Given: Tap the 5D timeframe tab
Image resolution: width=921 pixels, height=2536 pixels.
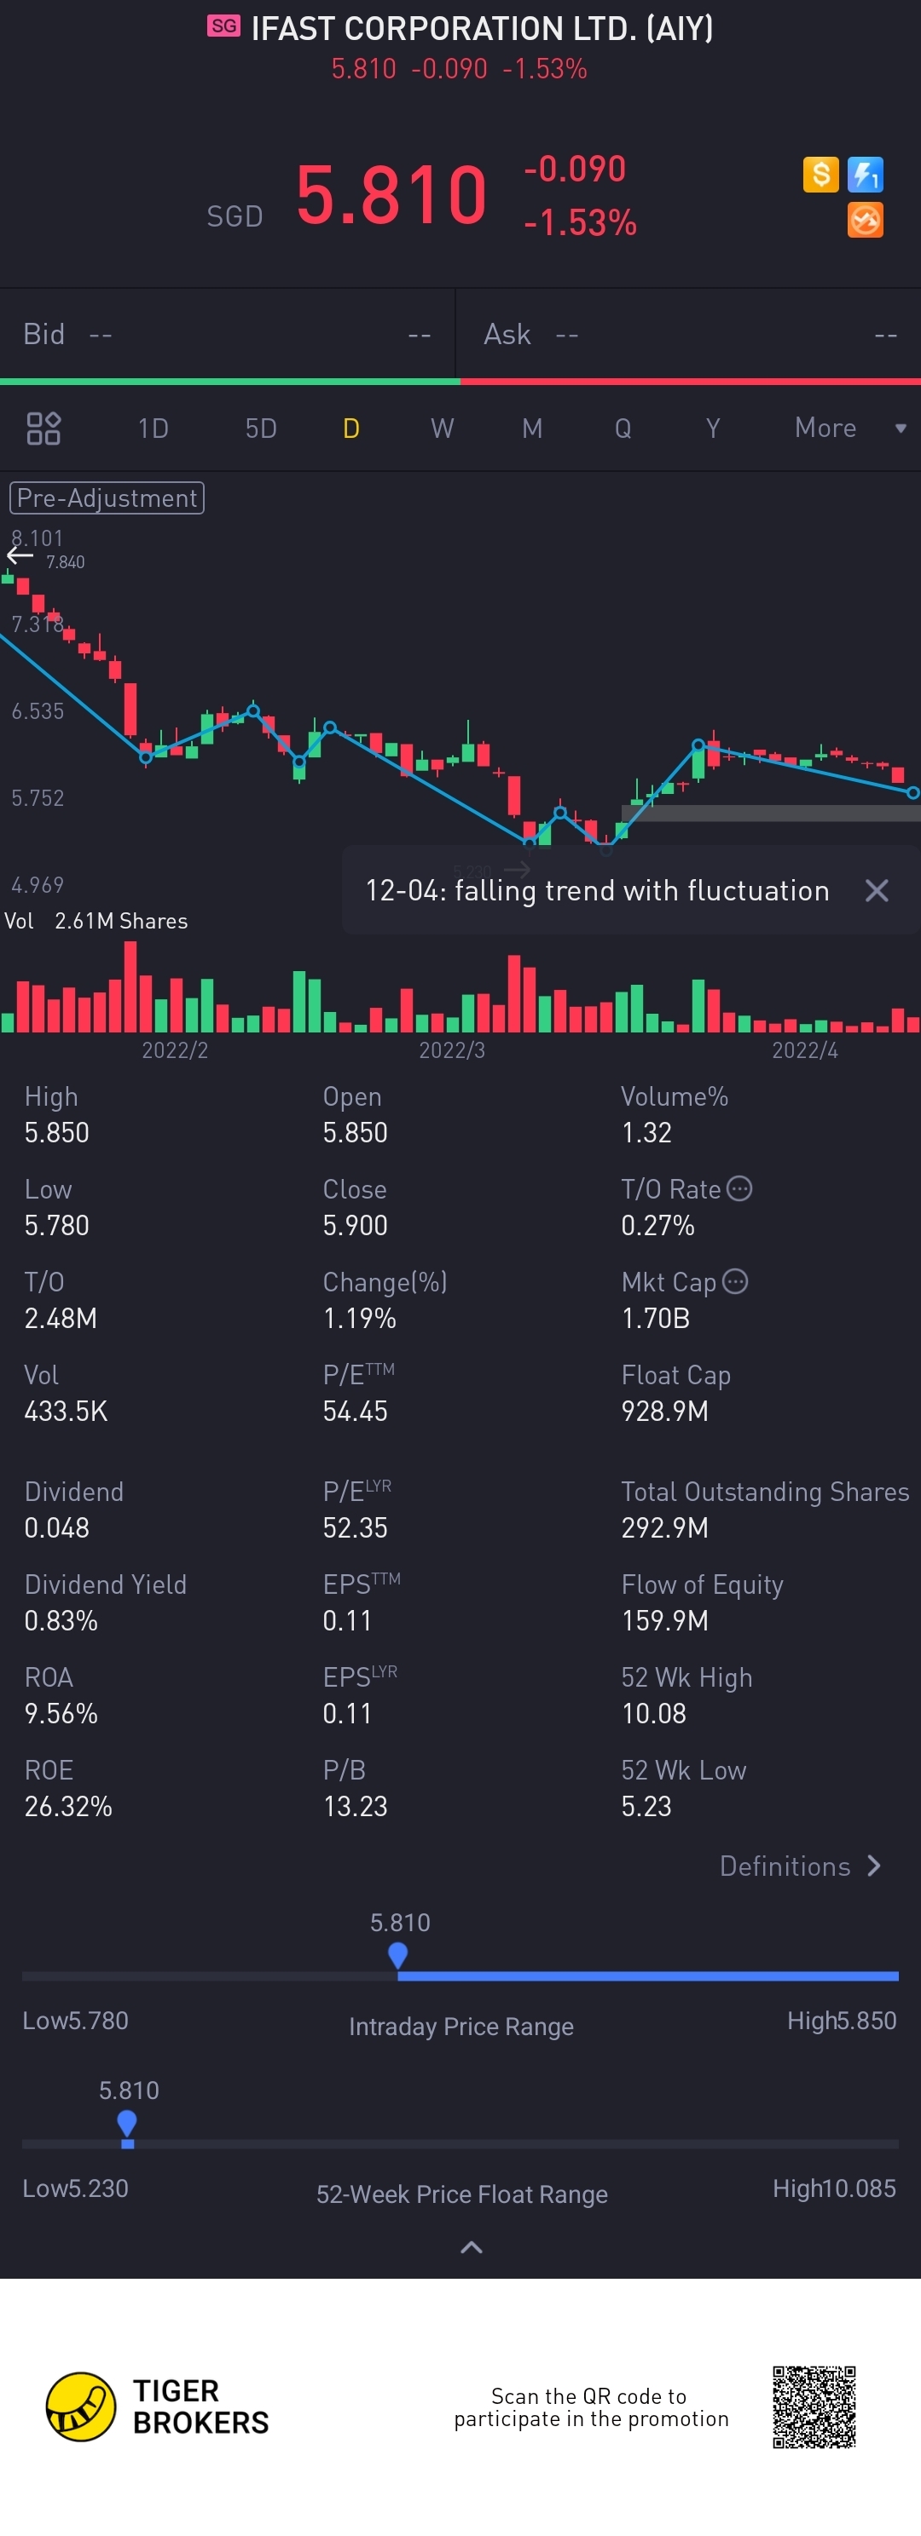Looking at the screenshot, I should click(261, 428).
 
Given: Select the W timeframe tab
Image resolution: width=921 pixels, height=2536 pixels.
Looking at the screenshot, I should click(443, 428).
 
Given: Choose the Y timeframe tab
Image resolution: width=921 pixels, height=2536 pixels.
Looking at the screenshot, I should click(713, 428).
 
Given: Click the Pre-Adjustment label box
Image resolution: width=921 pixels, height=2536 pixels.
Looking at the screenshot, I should click(107, 498).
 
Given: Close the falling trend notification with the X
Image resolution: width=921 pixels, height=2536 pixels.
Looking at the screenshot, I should click(877, 891).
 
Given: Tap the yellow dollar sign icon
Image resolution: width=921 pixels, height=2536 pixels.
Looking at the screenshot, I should click(820, 175).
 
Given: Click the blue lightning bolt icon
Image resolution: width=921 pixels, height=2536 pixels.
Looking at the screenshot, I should click(865, 175).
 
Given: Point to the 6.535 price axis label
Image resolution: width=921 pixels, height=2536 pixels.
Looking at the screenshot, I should click(38, 710).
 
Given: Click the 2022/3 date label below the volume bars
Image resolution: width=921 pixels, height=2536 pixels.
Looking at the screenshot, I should click(452, 1050).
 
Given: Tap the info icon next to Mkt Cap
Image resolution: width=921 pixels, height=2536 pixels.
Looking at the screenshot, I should click(735, 1281).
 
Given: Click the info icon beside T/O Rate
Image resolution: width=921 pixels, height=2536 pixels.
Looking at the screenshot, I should click(739, 1188).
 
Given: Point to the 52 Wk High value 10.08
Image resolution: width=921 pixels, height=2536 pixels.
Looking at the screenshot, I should click(654, 1714).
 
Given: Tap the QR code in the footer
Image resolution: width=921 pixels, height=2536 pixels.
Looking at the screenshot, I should click(814, 2407).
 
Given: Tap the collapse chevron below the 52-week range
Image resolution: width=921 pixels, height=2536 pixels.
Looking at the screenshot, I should click(472, 2246).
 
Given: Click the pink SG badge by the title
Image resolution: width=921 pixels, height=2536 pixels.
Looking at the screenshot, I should click(223, 26).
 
